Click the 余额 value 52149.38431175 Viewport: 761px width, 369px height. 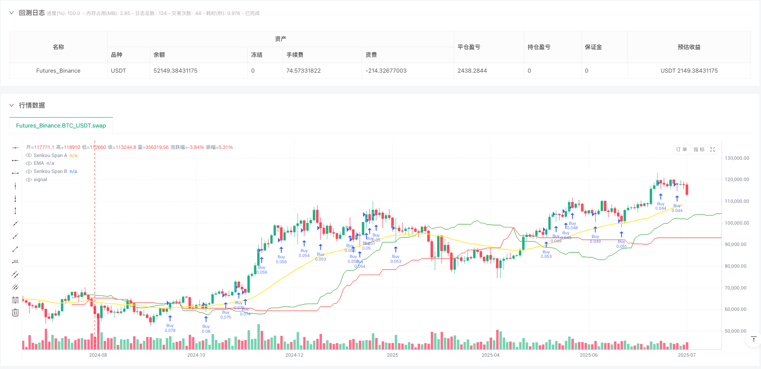175,71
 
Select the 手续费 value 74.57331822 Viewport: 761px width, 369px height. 303,71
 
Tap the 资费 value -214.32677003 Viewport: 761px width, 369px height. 386,71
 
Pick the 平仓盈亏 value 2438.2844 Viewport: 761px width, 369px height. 473,71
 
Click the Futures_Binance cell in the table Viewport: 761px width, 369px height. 58,71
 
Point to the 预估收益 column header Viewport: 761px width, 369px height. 689,47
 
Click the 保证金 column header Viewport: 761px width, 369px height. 593,47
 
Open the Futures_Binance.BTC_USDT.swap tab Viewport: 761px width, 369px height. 61,126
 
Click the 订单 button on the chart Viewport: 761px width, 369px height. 681,149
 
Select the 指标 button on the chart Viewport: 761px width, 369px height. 699,149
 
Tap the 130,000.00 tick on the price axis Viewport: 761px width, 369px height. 737,158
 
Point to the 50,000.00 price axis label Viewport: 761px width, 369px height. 737,331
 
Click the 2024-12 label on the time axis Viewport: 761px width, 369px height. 294,355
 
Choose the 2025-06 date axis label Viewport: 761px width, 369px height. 589,355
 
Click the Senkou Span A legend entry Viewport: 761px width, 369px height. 50,155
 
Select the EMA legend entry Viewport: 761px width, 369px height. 39,163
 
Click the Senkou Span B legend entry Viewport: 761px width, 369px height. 50,172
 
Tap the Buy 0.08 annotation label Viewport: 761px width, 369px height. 206,329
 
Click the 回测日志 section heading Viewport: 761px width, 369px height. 32,13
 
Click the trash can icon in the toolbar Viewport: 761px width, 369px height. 15,313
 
